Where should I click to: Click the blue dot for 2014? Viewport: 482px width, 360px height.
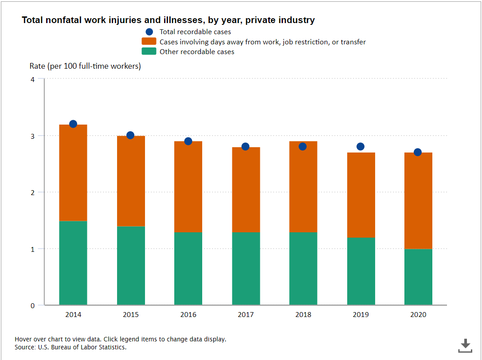click(73, 124)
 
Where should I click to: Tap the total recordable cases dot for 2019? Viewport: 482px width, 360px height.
click(361, 146)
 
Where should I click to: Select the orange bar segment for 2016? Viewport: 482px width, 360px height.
click(188, 187)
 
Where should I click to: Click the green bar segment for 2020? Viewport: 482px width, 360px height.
click(418, 277)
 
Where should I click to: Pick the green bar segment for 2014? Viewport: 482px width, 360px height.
click(73, 263)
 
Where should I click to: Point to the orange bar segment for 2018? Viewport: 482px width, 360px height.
click(303, 187)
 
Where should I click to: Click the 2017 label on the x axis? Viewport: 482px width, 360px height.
click(246, 315)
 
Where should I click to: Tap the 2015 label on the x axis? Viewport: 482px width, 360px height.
click(130, 315)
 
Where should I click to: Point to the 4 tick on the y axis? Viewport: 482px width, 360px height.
click(32, 79)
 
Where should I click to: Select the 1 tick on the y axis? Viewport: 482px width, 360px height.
click(32, 249)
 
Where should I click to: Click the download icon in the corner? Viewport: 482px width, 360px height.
click(465, 345)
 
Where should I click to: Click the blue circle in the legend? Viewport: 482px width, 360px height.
click(149, 32)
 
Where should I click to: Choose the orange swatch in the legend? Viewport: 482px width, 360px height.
click(149, 42)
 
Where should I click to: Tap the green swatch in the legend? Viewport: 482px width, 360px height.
click(149, 51)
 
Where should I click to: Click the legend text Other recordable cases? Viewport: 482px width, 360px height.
click(197, 52)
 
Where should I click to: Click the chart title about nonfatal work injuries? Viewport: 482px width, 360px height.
click(169, 20)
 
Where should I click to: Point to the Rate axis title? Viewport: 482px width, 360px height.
click(85, 66)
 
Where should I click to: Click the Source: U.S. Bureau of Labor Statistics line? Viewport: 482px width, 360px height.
click(71, 347)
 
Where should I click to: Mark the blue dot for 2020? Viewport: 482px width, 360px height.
click(418, 152)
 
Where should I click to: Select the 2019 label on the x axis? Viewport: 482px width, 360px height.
click(361, 315)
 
